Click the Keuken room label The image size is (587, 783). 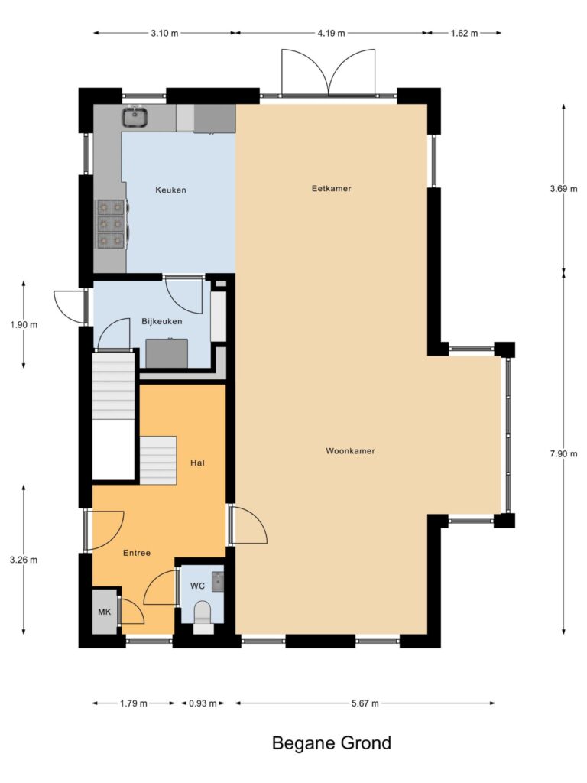[170, 190]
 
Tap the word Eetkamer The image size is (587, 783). [332, 188]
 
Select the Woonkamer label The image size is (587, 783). [350, 451]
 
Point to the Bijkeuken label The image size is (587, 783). [162, 322]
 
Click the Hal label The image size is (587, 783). [198, 463]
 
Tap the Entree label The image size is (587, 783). [137, 553]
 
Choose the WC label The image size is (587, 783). [198, 586]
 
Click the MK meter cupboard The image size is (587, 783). [105, 612]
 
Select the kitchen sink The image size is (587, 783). [135, 117]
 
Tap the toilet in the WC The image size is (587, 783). [203, 613]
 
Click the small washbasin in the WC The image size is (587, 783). [218, 582]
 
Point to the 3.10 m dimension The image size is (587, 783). [164, 34]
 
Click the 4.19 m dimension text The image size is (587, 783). [331, 34]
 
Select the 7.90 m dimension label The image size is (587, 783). [563, 454]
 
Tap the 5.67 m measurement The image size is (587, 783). [365, 703]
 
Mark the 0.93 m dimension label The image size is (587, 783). [203, 703]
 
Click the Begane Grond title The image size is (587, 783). [332, 743]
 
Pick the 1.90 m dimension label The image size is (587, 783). [24, 324]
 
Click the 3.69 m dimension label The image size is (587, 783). [563, 189]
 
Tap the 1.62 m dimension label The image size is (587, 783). [464, 34]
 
